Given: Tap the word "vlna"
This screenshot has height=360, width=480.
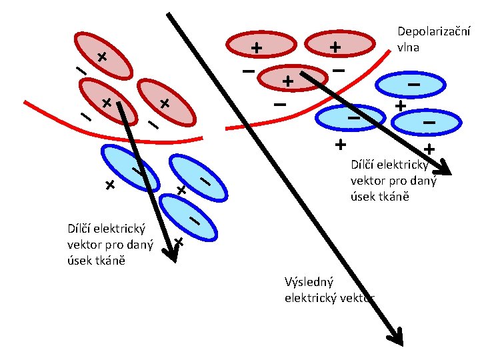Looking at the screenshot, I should (x=408, y=47).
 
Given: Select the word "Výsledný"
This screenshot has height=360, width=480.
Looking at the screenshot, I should (x=309, y=282).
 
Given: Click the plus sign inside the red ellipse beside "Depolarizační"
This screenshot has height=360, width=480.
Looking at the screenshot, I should (x=335, y=47).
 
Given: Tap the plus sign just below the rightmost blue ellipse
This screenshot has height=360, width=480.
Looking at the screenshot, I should (x=428, y=148).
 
